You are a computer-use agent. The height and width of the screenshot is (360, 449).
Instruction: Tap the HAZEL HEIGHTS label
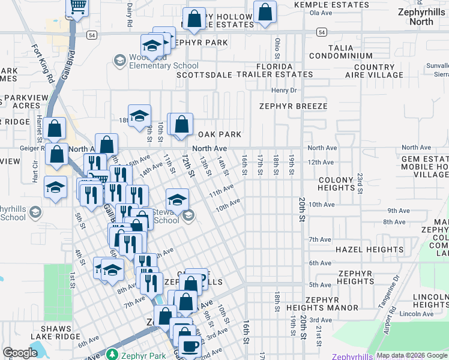pos(369,249)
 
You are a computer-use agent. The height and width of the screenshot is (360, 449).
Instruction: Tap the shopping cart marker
pos(77,7)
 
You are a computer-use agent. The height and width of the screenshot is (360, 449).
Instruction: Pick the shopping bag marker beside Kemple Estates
pos(265,12)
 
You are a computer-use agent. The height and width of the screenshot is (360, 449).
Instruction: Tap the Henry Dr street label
pos(284,90)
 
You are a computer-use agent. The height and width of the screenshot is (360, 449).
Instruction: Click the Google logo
pos(20,353)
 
